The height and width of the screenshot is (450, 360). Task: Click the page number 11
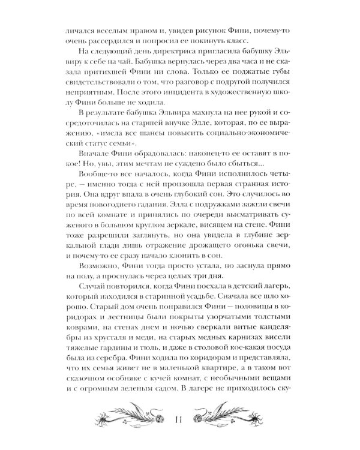tap(179, 419)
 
